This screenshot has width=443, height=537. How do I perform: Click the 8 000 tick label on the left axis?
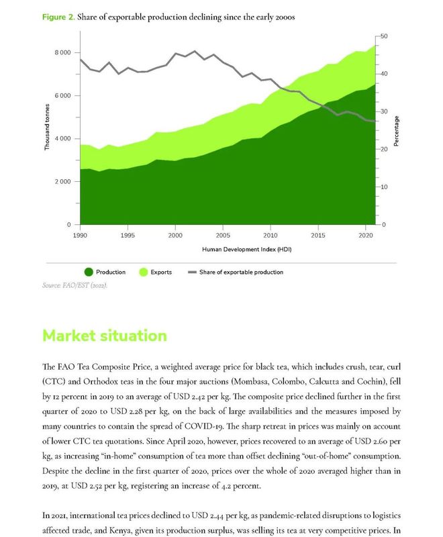coord(62,52)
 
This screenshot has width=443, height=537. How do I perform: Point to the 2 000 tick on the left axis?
coord(62,181)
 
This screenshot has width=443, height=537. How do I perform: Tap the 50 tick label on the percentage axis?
coord(384,36)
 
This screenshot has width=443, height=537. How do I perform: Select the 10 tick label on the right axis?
coord(384,187)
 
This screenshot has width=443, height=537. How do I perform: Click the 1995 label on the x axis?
coord(128,236)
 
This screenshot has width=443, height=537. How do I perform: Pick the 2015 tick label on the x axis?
coord(318,236)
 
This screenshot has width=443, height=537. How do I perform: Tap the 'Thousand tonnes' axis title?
coord(47,127)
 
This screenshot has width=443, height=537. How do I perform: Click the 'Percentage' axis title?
coord(397,131)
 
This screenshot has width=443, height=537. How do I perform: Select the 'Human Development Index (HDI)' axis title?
coord(247,249)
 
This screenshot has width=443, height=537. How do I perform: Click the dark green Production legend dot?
coord(89,272)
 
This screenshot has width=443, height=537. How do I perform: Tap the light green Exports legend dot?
coord(144,272)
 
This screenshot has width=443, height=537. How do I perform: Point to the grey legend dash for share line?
coord(193,273)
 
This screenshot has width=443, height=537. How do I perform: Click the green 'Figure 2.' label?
coord(58,17)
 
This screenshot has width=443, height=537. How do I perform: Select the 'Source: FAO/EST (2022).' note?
coord(75,285)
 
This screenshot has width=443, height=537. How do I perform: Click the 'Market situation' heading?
coord(105,336)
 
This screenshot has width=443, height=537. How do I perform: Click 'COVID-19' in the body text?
coord(204,426)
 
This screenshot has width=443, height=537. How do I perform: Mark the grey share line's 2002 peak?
coord(195,52)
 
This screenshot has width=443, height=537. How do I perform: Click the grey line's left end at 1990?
coord(81,60)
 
